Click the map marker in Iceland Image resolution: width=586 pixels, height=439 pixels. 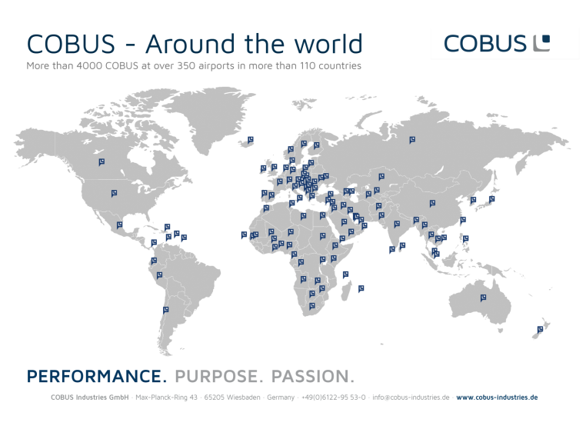point(250,140)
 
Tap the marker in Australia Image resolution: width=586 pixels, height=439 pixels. point(483,298)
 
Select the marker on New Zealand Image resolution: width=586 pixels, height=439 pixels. point(540,330)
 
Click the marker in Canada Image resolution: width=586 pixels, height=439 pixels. point(102,161)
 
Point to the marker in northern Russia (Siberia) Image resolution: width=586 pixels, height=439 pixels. point(412,140)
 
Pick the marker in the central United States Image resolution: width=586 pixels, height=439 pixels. point(114,193)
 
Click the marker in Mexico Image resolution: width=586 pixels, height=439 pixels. point(119,225)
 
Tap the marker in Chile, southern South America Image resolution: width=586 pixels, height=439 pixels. point(165,310)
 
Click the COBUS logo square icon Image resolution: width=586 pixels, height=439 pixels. point(541,43)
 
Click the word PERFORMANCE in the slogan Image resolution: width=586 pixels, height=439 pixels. point(96,376)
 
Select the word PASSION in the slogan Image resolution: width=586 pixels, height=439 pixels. point(312,376)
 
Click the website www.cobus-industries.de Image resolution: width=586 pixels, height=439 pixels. point(497,397)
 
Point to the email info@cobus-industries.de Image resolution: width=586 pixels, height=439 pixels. point(411,397)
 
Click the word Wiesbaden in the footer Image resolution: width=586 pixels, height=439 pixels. point(243,397)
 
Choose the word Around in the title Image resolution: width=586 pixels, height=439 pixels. point(191,44)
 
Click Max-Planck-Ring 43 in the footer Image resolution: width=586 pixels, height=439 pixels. point(166,397)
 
